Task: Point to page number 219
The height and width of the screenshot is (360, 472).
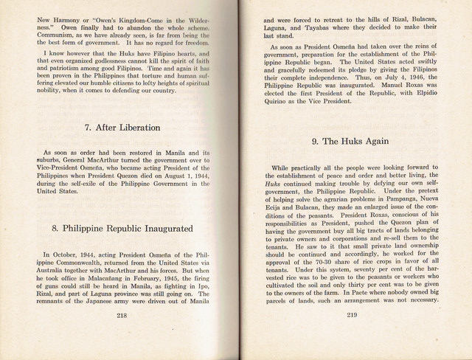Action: click(x=353, y=336)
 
